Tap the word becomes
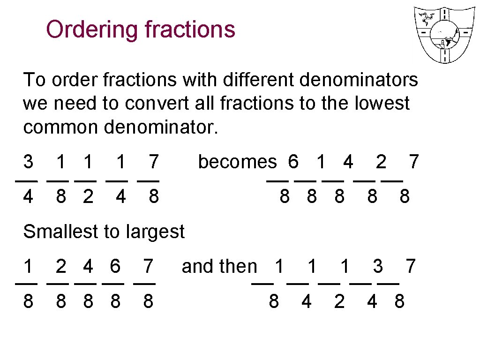(x=237, y=162)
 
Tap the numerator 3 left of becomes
(x=28, y=162)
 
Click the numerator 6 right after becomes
(x=293, y=162)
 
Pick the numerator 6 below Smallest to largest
(x=115, y=266)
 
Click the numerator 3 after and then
(x=378, y=266)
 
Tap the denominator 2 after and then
(x=339, y=301)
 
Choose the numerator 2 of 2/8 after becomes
(x=381, y=162)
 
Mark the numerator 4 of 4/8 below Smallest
(x=88, y=266)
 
